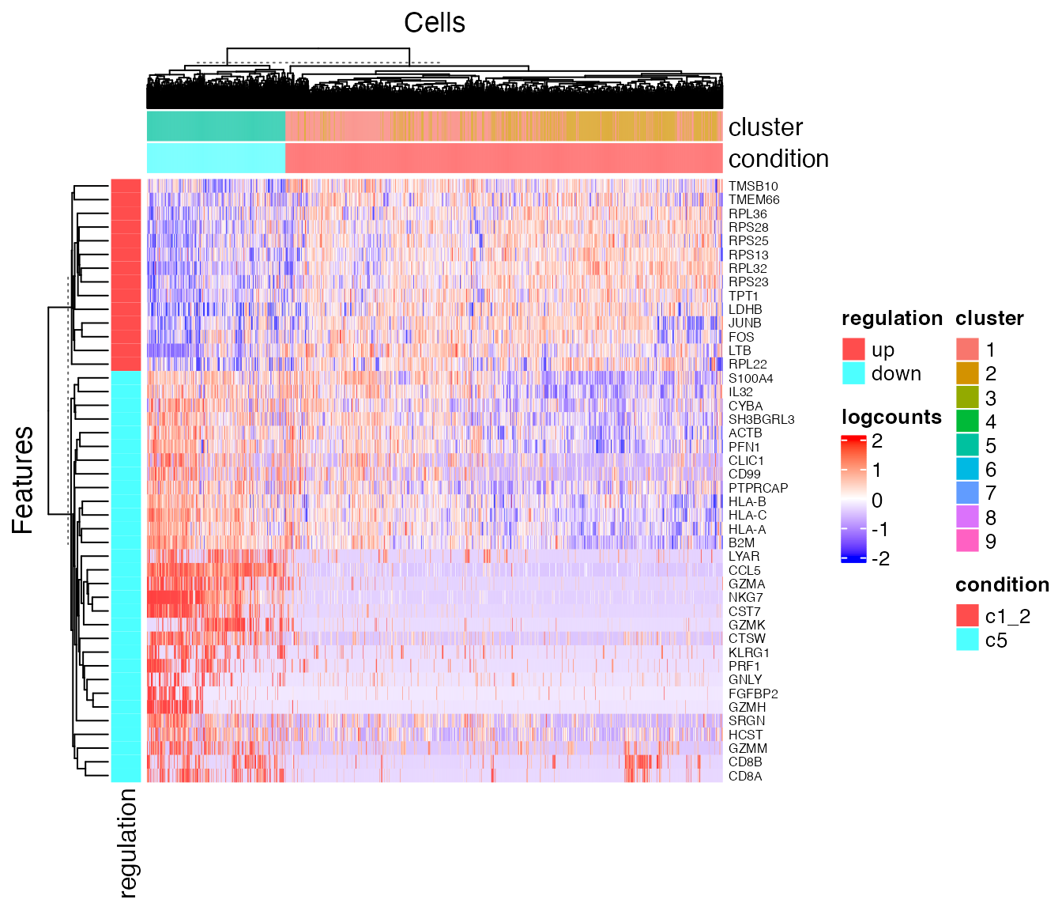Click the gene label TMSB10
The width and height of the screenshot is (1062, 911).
click(x=753, y=187)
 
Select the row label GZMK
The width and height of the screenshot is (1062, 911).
click(x=747, y=625)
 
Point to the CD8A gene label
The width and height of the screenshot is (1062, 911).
click(x=745, y=776)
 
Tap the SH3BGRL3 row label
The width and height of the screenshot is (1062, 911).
click(x=761, y=419)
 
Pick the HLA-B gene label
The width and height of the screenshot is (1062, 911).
click(x=747, y=501)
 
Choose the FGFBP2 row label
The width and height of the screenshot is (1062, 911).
click(x=753, y=694)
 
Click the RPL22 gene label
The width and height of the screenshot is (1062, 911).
click(x=748, y=365)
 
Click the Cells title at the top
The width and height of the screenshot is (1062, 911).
click(x=434, y=22)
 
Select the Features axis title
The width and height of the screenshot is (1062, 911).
click(x=23, y=480)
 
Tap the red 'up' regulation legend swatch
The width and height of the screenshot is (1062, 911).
click(x=854, y=350)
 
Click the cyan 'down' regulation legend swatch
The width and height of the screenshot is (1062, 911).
click(x=854, y=373)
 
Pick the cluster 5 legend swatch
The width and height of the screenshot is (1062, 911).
click(x=968, y=445)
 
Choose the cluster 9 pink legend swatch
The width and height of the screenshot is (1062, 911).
click(x=968, y=541)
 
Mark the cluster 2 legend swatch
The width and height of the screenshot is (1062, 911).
click(x=968, y=373)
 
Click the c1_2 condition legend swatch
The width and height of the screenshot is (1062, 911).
click(x=968, y=616)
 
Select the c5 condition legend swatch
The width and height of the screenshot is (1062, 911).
click(x=968, y=640)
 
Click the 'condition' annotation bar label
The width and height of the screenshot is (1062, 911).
click(x=778, y=159)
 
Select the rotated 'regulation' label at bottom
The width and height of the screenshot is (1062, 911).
click(x=127, y=843)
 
